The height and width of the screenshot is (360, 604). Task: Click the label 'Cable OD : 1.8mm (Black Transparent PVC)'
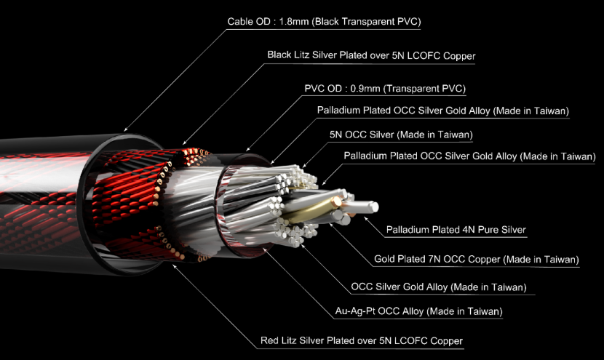coord(324,22)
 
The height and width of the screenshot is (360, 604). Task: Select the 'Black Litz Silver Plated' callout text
coord(371,55)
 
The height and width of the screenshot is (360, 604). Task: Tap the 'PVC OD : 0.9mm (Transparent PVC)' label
coord(385,89)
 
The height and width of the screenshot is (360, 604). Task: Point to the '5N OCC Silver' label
coord(401,135)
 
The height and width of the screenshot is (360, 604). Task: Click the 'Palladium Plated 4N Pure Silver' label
coord(456,230)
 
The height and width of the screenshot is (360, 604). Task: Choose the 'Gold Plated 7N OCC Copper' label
coord(477,259)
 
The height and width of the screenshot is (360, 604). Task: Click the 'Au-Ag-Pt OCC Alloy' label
coord(418,311)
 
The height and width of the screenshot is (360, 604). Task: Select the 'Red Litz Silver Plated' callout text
coord(362,341)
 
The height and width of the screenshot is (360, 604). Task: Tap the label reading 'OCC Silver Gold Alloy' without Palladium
coord(438,287)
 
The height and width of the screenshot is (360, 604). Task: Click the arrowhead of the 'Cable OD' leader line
coord(124,130)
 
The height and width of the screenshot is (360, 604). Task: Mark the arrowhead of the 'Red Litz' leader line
coord(174,265)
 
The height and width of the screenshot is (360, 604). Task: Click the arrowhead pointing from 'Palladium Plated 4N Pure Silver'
coord(365,218)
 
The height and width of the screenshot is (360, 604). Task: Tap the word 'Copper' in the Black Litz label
coord(459,56)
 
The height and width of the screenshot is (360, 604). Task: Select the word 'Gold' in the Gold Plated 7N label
coord(385,259)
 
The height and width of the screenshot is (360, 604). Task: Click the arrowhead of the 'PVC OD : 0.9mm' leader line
coord(247,149)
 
